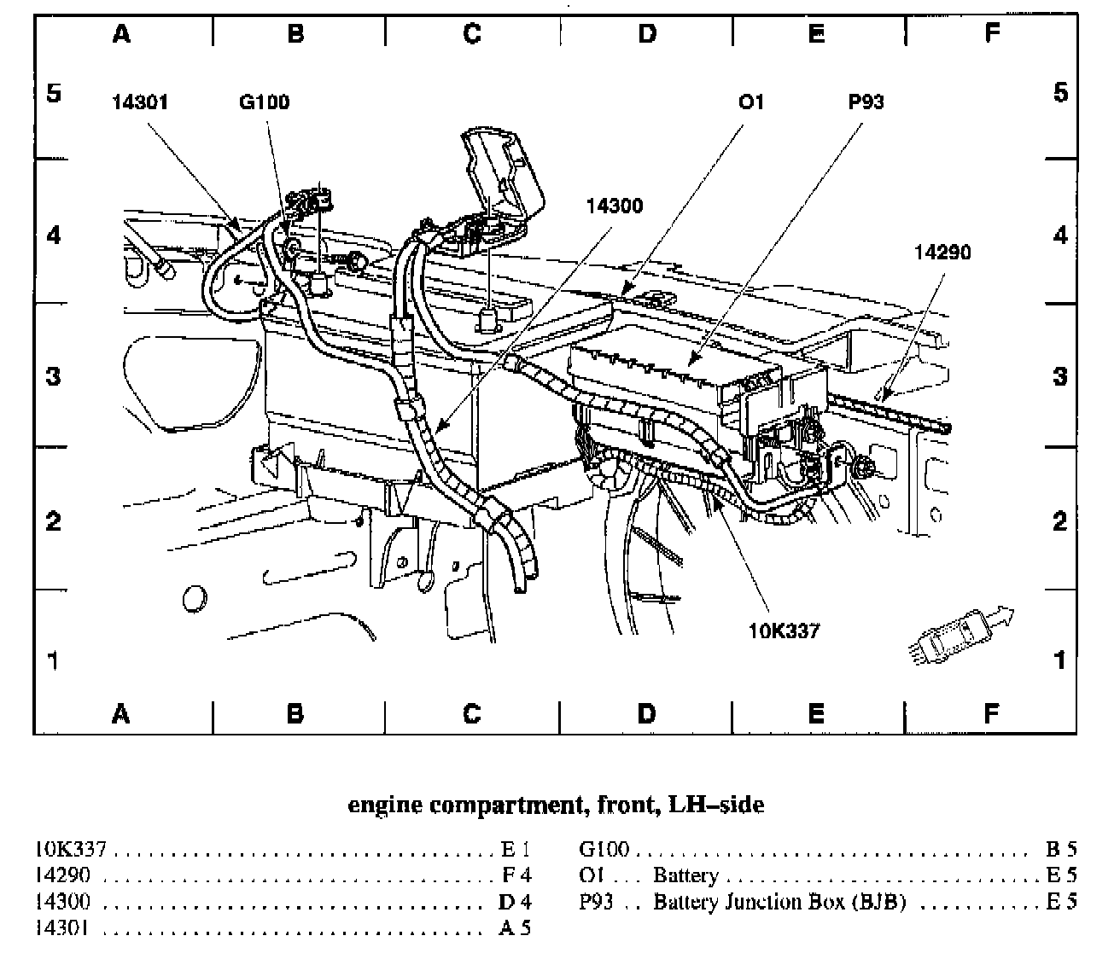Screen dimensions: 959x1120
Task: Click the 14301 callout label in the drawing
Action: (x=140, y=102)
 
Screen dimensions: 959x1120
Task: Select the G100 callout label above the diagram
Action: (x=264, y=102)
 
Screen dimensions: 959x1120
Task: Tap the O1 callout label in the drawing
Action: (x=750, y=102)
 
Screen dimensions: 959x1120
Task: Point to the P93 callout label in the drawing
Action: (x=866, y=102)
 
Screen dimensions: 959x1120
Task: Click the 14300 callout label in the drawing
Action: (x=615, y=206)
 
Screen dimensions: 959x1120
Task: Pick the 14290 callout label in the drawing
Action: (x=942, y=253)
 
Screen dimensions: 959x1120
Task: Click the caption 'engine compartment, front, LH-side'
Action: (x=556, y=804)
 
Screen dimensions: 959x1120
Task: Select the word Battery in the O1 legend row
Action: (x=685, y=875)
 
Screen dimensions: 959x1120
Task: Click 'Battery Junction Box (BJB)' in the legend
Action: (x=779, y=902)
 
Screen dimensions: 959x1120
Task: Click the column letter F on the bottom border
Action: (x=991, y=713)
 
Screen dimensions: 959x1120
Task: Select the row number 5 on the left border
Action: (x=53, y=91)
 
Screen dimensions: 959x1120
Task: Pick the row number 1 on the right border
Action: (x=1059, y=660)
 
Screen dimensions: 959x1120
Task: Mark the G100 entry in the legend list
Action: (x=604, y=849)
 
